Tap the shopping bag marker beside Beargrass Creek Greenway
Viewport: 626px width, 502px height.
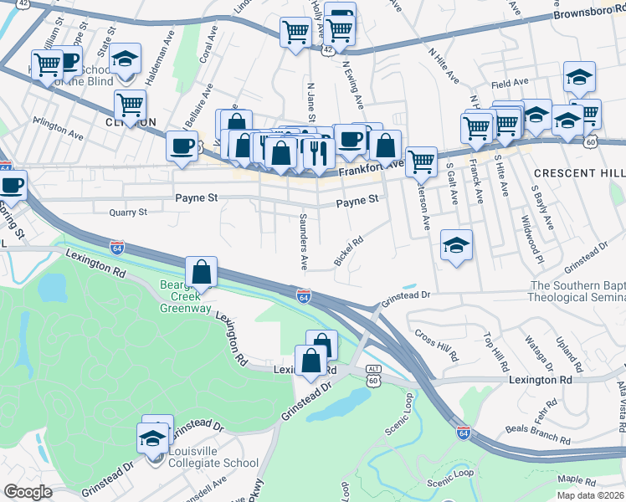coord(202,272)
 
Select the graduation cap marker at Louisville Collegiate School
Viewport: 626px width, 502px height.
coord(154,438)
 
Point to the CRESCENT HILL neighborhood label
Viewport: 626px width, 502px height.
coord(578,172)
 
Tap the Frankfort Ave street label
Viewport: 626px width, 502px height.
coord(372,167)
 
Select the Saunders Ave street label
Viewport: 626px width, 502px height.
coord(304,241)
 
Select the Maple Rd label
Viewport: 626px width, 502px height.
coord(575,479)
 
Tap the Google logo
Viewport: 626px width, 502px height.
coord(28,492)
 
